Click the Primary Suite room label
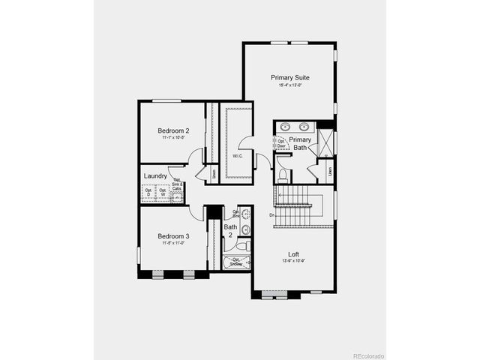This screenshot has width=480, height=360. (289, 77)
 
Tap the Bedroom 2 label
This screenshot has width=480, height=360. (172, 130)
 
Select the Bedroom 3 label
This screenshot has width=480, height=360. (172, 236)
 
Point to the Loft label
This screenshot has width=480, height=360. (294, 253)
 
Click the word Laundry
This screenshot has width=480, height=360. (155, 176)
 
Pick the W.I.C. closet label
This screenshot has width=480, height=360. (236, 156)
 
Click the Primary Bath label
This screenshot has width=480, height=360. (300, 144)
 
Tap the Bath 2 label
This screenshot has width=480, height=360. (230, 231)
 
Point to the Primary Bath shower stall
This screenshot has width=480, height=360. (325, 142)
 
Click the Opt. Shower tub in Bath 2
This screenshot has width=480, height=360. (235, 262)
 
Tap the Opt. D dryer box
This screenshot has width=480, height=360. (148, 192)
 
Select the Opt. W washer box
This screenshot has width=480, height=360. (163, 192)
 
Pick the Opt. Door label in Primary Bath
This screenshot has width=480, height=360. (282, 143)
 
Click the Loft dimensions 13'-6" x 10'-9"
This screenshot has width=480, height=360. (294, 261)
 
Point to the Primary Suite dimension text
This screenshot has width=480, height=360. (289, 85)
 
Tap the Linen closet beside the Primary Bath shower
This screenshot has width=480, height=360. (331, 171)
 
